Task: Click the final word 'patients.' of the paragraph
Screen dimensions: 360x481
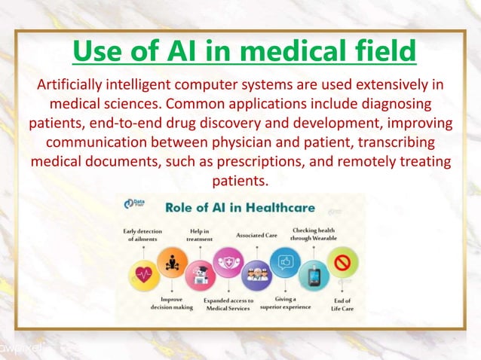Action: pyautogui.click(x=240, y=180)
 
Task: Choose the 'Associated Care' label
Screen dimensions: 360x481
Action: pyautogui.click(x=256, y=235)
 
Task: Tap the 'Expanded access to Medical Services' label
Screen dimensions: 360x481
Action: pyautogui.click(x=228, y=304)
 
